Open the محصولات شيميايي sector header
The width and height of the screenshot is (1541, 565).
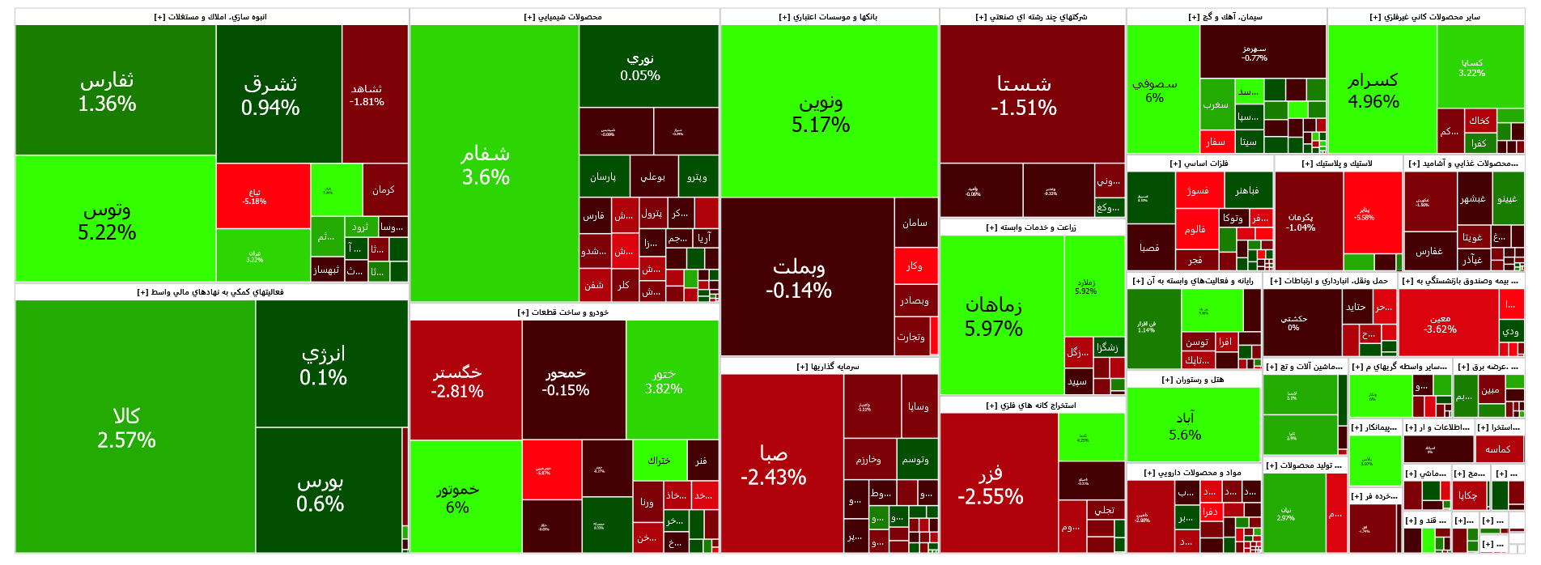coord(564,17)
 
